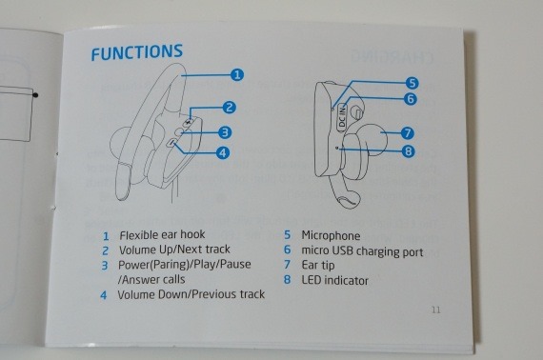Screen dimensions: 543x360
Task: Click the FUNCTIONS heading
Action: [x=137, y=52]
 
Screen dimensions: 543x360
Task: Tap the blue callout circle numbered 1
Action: [x=237, y=75]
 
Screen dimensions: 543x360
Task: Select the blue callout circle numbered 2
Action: [x=229, y=108]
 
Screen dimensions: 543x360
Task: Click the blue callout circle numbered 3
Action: [x=225, y=132]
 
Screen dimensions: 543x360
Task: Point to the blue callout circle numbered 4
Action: [x=223, y=152]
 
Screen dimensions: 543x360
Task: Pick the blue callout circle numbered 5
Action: [x=412, y=83]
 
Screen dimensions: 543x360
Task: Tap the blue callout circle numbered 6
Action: [x=411, y=99]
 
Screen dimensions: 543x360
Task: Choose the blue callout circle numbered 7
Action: [x=408, y=133]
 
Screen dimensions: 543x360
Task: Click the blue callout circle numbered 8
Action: [x=409, y=151]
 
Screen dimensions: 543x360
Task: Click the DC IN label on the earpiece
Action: [x=342, y=117]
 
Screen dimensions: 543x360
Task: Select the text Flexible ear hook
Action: [x=162, y=234]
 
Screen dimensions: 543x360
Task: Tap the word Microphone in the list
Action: [x=331, y=236]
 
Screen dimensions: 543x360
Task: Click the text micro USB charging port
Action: [x=362, y=251]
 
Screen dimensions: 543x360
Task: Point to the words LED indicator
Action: [x=335, y=280]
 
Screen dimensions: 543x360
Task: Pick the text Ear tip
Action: [x=318, y=265]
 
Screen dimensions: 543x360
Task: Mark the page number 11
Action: [x=436, y=310]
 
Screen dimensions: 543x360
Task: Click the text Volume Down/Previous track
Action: [x=191, y=294]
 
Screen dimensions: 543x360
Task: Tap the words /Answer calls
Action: [x=151, y=279]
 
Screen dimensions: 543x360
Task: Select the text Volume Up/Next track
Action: [x=174, y=250]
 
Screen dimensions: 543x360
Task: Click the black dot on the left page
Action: [x=35, y=95]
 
